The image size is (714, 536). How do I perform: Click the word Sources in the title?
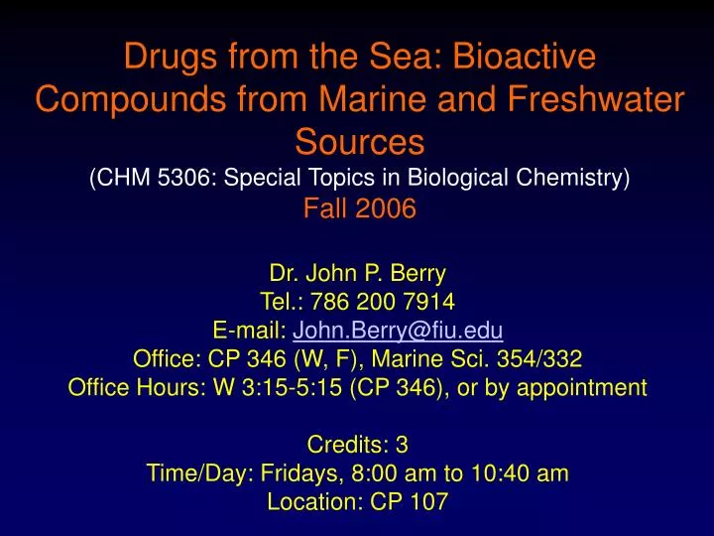356,144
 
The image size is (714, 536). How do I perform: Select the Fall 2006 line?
357,209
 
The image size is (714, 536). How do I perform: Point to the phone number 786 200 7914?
384,301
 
